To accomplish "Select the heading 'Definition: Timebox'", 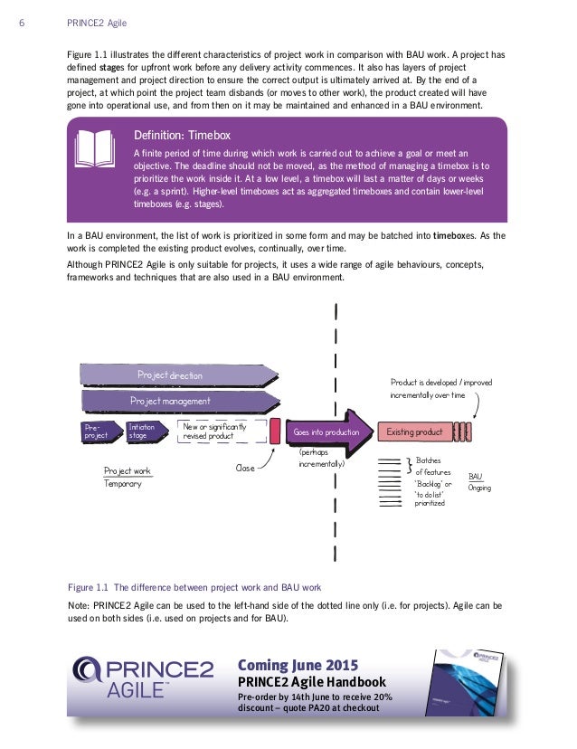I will [x=182, y=134].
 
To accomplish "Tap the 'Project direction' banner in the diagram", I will [x=170, y=375].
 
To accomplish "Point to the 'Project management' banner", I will [x=170, y=401].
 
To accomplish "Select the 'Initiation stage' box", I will [x=145, y=431].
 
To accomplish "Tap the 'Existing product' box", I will [x=414, y=432].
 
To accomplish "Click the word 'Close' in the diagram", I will [x=245, y=469].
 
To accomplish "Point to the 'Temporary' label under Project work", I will [x=123, y=484].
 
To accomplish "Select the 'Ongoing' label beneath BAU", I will [x=480, y=488].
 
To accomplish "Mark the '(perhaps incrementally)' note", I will [x=321, y=458].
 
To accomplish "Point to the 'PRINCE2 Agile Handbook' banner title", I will [x=311, y=682].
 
